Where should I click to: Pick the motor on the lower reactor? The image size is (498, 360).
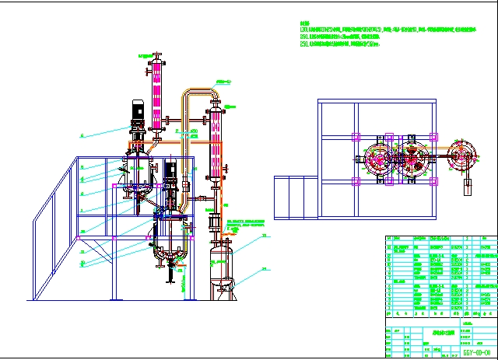pyautogui.click(x=170, y=175)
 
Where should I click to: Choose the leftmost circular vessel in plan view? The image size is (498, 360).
pyautogui.click(x=381, y=159)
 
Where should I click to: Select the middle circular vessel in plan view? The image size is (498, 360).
pyautogui.click(x=412, y=159)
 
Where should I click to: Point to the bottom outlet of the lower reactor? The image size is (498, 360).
pyautogui.click(x=169, y=268)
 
